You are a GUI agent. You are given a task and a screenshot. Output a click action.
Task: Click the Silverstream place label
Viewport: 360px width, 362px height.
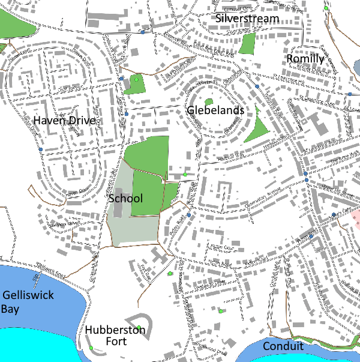248,19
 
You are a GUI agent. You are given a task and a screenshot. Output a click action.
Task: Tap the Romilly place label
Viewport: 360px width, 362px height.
305,59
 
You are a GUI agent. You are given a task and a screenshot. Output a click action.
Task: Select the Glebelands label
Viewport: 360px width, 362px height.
215,110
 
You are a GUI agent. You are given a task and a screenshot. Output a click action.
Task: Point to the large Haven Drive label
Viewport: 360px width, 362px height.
64,121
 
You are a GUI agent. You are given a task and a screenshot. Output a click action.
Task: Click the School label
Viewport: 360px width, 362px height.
125,198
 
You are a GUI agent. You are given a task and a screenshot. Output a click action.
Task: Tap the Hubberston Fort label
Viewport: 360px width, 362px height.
115,336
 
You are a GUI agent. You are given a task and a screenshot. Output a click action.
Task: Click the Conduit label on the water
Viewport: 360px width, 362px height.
283,346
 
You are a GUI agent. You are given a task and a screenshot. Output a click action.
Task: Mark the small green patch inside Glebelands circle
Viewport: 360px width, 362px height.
209,102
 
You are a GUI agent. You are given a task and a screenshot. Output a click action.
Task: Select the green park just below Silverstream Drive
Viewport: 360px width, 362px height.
247,44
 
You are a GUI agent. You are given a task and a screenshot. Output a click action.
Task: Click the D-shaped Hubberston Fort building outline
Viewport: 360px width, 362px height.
139,325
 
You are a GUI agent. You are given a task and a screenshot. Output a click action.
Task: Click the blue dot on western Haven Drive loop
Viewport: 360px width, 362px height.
40,149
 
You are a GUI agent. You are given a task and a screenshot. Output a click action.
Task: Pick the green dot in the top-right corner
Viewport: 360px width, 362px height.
326,8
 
